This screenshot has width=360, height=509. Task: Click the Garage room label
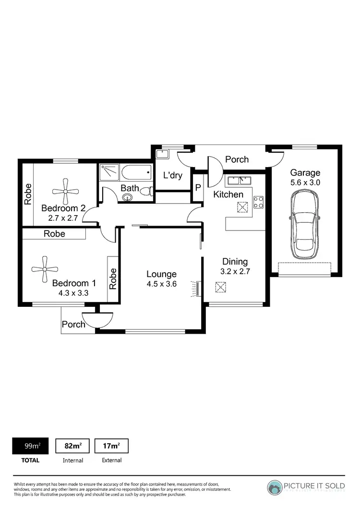click(x=305, y=173)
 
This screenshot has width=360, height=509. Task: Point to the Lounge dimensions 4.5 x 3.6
click(x=161, y=284)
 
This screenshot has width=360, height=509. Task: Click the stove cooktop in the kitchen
click(x=259, y=203)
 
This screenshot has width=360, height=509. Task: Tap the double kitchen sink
click(x=239, y=181)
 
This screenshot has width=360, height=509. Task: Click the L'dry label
click(x=172, y=175)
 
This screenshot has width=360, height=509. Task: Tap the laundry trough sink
click(x=162, y=154)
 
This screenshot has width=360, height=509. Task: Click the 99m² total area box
click(x=32, y=446)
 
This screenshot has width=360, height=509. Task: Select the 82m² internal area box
click(x=73, y=446)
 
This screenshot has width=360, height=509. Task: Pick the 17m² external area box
click(x=111, y=446)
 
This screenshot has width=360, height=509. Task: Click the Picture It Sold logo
click(x=306, y=487)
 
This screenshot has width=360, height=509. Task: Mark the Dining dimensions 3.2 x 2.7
click(x=235, y=271)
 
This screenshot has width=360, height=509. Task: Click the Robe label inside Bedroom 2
click(x=28, y=194)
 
